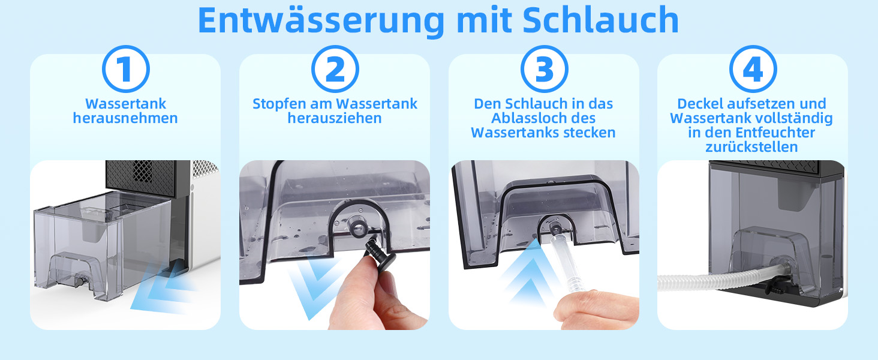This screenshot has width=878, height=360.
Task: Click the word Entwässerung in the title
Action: (x=321, y=20)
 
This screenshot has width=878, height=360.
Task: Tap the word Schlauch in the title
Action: (x=600, y=20)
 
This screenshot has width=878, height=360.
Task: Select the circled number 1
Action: (x=126, y=69)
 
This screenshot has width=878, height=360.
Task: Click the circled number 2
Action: (x=335, y=69)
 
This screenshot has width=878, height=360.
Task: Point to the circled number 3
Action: (x=545, y=69)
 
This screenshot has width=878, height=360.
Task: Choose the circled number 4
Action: (x=753, y=69)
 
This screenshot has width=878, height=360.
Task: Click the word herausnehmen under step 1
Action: (x=125, y=118)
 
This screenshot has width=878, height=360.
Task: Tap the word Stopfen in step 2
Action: (x=279, y=104)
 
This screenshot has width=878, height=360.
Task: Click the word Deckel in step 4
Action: (x=700, y=104)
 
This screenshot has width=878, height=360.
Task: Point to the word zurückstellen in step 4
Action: (x=752, y=147)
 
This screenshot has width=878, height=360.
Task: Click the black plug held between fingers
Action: (x=380, y=253)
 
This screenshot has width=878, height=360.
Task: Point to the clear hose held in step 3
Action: (x=566, y=263)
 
